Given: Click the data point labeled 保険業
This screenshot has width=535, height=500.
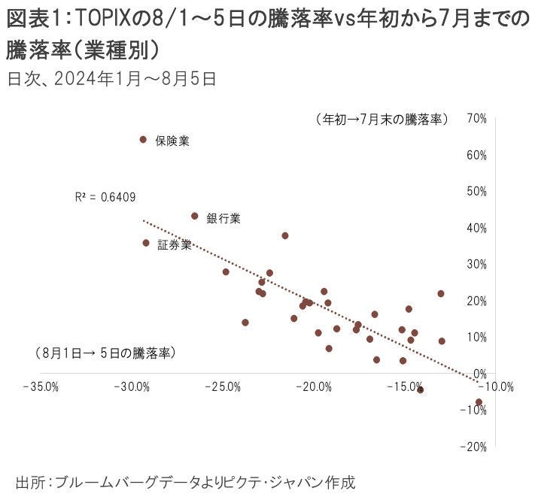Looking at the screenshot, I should point(143,139).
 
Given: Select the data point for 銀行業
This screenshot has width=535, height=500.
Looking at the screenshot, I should point(195,216).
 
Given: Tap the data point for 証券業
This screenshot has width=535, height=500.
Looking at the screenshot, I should point(146,243).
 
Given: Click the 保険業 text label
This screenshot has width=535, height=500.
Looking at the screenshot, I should point(172,141).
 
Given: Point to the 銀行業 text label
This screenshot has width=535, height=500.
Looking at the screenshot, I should point(223,219).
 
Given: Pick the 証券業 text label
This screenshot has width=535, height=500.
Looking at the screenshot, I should point(174,245).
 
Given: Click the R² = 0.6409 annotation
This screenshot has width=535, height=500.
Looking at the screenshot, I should point(105,197).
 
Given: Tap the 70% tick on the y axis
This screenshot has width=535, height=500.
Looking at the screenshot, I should point(477,119).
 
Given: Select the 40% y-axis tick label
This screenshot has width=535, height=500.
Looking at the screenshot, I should point(477,228).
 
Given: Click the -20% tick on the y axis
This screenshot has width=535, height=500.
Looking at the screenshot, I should point(476,447).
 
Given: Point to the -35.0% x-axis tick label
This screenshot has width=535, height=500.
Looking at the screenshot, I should point(41,387).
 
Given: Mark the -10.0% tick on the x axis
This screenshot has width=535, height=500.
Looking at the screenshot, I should point(495,387).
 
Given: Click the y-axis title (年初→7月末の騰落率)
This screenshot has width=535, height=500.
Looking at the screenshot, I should point(381,120).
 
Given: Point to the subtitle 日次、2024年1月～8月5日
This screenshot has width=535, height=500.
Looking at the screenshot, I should point(111,78).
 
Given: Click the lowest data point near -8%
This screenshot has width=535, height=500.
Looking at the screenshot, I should point(479,402).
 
